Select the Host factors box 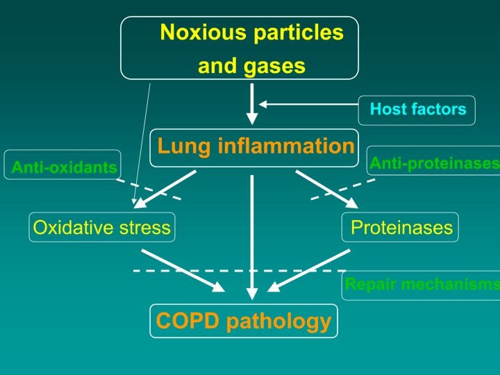click(417, 110)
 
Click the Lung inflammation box click(255, 147)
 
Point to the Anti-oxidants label click(63, 167)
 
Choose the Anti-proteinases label click(434, 163)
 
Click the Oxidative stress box click(101, 227)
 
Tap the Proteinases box click(401, 227)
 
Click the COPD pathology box click(244, 321)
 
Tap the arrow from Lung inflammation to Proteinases click(326, 189)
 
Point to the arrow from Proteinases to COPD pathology click(309, 270)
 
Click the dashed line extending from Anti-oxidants click(148, 190)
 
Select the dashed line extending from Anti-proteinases click(343, 189)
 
